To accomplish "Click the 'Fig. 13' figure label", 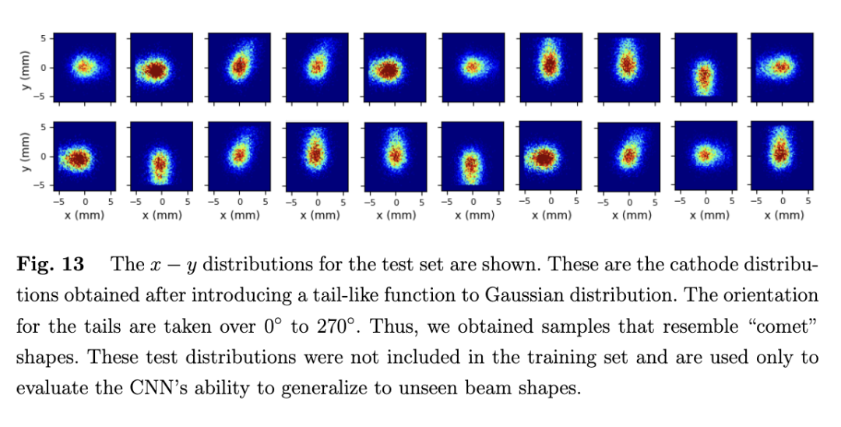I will (50, 264).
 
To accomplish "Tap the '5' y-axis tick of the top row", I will (44, 38).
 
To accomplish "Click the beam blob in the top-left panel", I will (83, 68).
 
